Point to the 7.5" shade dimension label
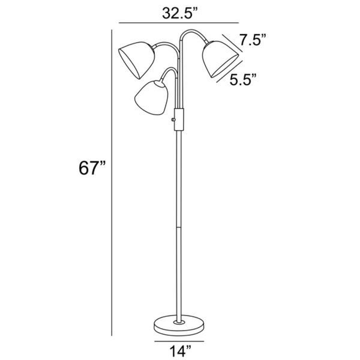point(253,40)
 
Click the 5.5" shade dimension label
point(244,79)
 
